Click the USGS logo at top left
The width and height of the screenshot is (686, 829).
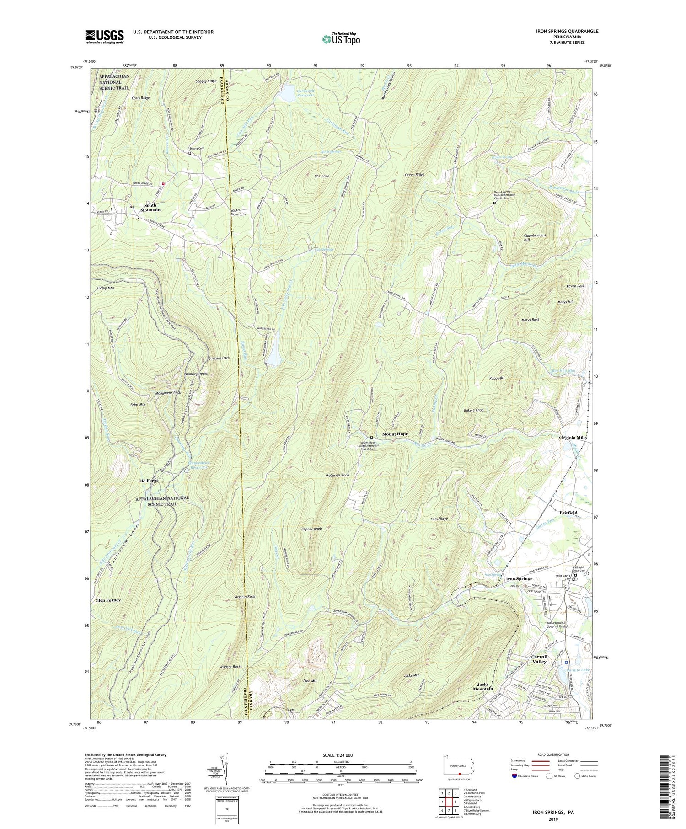(x=104, y=37)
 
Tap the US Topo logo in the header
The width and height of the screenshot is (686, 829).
(x=341, y=39)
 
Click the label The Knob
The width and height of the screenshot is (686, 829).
(x=322, y=176)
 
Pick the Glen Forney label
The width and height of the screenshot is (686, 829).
(x=108, y=600)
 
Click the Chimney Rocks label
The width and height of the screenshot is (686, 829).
(x=196, y=374)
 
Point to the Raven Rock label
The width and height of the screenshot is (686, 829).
(x=575, y=286)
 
